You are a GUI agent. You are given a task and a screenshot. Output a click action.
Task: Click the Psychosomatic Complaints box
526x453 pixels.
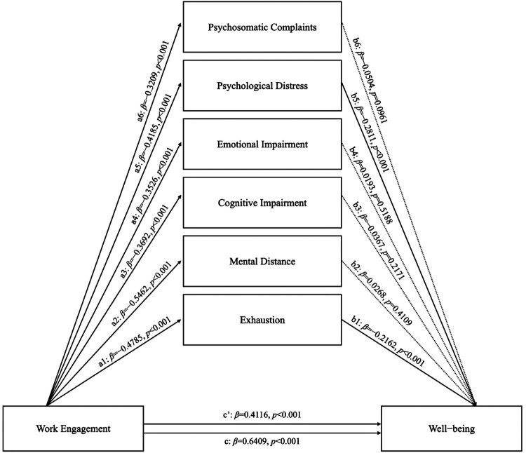pos(262,27)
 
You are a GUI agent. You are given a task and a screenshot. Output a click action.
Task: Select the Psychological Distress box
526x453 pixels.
pos(262,86)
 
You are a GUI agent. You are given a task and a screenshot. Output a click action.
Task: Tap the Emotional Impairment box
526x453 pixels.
pos(262,144)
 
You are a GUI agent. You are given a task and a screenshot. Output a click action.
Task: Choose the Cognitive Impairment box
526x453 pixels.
pos(262,203)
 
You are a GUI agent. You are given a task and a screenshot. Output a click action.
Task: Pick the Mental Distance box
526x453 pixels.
pos(262,262)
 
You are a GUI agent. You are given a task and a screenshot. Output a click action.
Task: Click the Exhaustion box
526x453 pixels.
pos(262,320)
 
